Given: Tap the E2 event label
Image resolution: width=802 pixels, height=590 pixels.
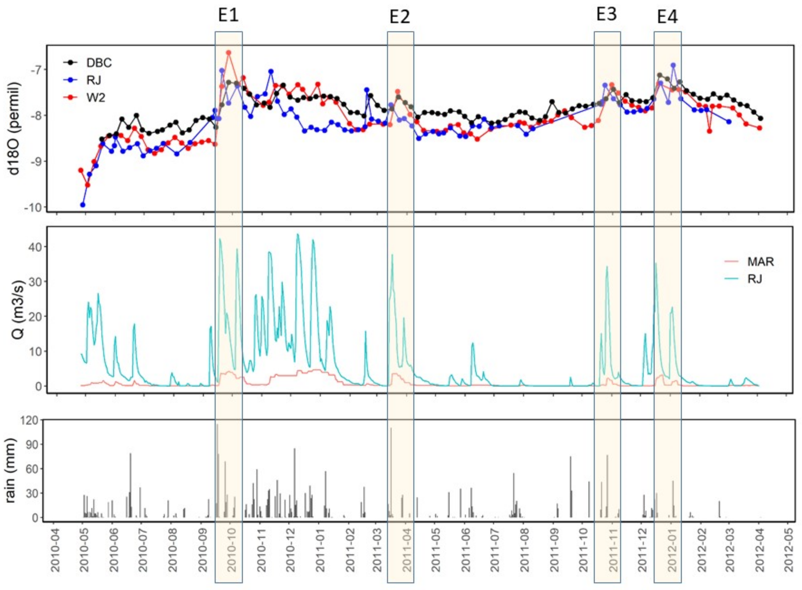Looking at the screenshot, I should point(400,17).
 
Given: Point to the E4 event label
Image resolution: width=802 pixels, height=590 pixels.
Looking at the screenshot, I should point(667,17).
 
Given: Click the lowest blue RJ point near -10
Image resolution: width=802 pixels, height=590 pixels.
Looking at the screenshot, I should point(83,205).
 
